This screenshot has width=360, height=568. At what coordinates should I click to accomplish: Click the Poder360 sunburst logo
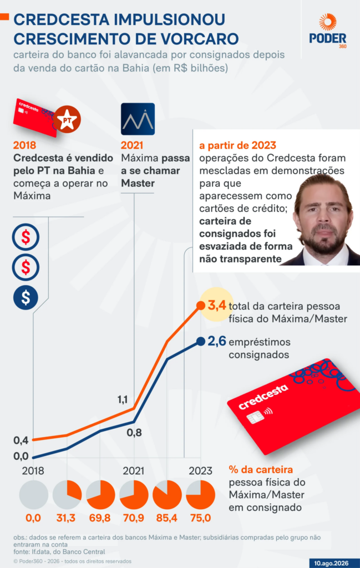(328, 22)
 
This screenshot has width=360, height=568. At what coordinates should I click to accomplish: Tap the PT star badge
(67, 119)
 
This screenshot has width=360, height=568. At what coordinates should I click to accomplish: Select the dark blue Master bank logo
(138, 119)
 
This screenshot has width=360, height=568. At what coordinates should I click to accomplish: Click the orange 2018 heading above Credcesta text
(24, 145)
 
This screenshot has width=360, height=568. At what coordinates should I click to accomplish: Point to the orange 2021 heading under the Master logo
(132, 145)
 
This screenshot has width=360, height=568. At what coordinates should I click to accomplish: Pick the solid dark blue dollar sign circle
(26, 297)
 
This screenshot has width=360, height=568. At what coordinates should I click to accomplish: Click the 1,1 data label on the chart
(123, 399)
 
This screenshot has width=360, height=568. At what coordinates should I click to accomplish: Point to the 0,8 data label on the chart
(134, 433)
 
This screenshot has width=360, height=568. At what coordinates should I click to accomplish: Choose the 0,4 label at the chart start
(21, 440)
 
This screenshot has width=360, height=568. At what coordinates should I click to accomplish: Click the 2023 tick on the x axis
(200, 471)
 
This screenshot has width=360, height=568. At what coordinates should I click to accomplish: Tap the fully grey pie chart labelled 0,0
(33, 495)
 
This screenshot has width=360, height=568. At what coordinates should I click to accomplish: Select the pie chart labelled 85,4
(167, 495)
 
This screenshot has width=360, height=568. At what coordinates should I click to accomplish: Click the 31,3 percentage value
(66, 518)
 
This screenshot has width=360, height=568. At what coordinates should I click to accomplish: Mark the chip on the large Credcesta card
(254, 418)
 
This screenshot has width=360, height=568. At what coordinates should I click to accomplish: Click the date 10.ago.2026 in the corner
(331, 564)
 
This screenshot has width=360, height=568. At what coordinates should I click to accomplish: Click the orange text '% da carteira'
(261, 470)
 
